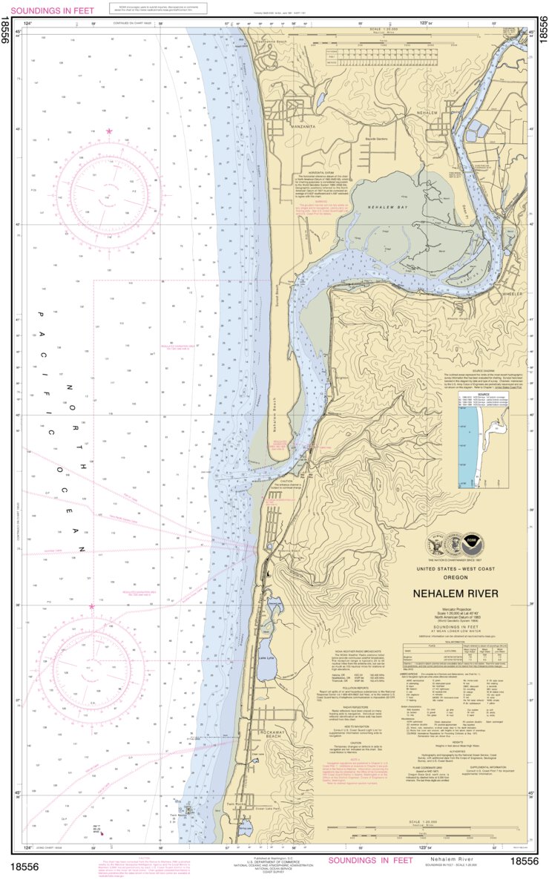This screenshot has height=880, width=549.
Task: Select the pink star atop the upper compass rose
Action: click(x=109, y=131)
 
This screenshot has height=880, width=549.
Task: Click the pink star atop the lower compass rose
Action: click(x=92, y=606)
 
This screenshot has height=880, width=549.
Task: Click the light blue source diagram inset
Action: click(x=468, y=445)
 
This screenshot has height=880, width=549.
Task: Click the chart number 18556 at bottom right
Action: click(x=525, y=861)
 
